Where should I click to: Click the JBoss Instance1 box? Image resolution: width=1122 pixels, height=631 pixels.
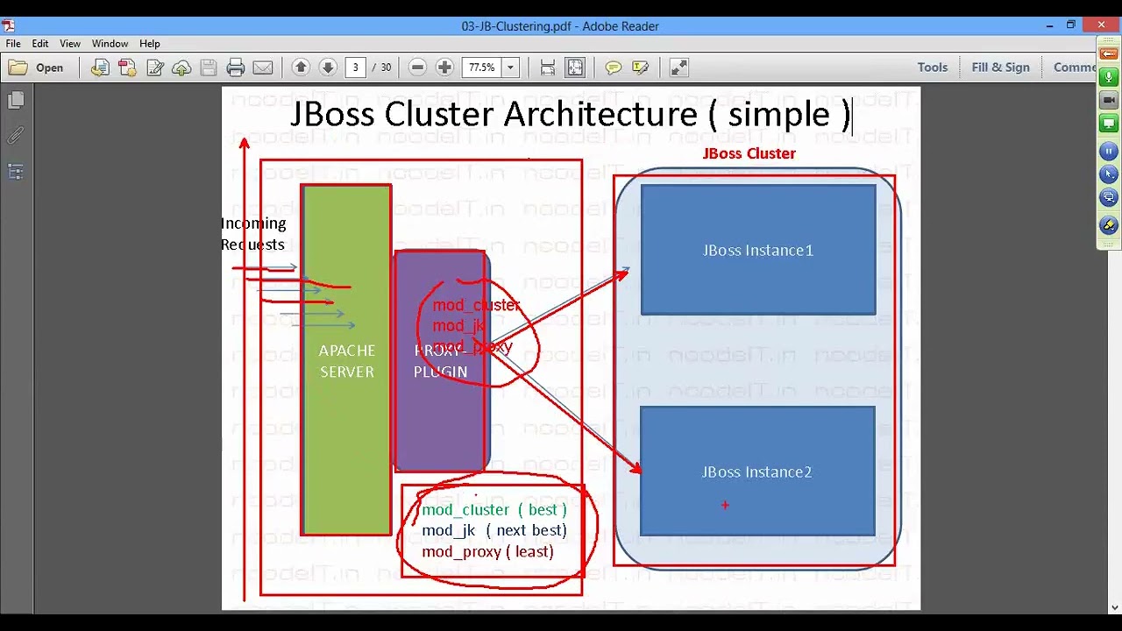coord(758,250)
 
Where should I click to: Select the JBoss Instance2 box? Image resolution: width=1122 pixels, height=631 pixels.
coord(757,471)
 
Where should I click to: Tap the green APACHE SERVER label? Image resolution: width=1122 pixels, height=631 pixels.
coord(346,361)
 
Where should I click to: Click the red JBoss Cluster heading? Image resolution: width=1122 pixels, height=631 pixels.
coord(749,153)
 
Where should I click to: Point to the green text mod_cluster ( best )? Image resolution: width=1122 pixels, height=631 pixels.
coord(494,509)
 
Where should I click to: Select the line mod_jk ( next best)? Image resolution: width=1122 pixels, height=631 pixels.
coord(494,530)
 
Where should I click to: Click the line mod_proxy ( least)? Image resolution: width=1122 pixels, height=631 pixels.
coord(487,551)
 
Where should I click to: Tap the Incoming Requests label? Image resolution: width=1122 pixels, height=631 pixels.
coord(253,234)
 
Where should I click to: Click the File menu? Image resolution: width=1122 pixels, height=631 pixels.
coord(13,44)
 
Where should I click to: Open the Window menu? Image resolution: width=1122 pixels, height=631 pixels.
coord(110,44)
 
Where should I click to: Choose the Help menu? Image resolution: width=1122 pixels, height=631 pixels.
coord(150,44)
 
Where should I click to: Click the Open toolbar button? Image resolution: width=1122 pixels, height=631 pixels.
coord(37,67)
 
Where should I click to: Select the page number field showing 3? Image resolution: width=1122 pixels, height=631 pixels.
coord(356,67)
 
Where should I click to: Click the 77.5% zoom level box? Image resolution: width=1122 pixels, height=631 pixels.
coord(481,67)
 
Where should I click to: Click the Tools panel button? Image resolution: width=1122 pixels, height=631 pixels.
coord(933,67)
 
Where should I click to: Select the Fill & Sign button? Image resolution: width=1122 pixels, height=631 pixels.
coord(1000,67)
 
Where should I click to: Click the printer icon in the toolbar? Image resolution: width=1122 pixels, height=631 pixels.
coord(235,67)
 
